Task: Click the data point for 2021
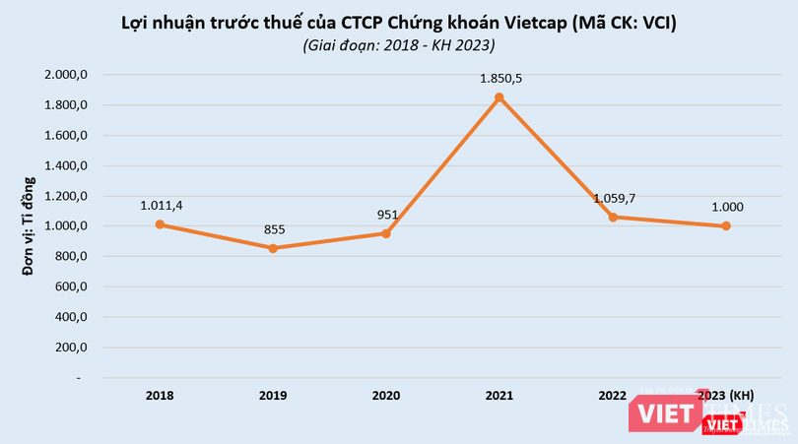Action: [x=499, y=97]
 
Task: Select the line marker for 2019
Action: [x=273, y=248]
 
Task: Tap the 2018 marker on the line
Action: [x=160, y=224]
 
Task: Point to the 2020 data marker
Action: [x=386, y=233]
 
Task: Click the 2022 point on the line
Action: [x=613, y=217]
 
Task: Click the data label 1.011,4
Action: [x=160, y=205]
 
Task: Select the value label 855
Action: [x=273, y=229]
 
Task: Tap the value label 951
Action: [x=386, y=215]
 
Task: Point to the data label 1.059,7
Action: [x=614, y=198]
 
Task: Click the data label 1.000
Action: [x=726, y=207]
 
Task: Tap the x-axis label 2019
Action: [x=273, y=395]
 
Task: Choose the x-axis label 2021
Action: [x=499, y=395]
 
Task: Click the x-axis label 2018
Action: [x=160, y=395]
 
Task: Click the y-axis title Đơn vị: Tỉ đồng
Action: [x=30, y=224]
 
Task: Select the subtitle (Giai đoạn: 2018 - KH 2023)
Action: [x=399, y=45]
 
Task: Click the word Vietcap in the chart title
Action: [x=518, y=22]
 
